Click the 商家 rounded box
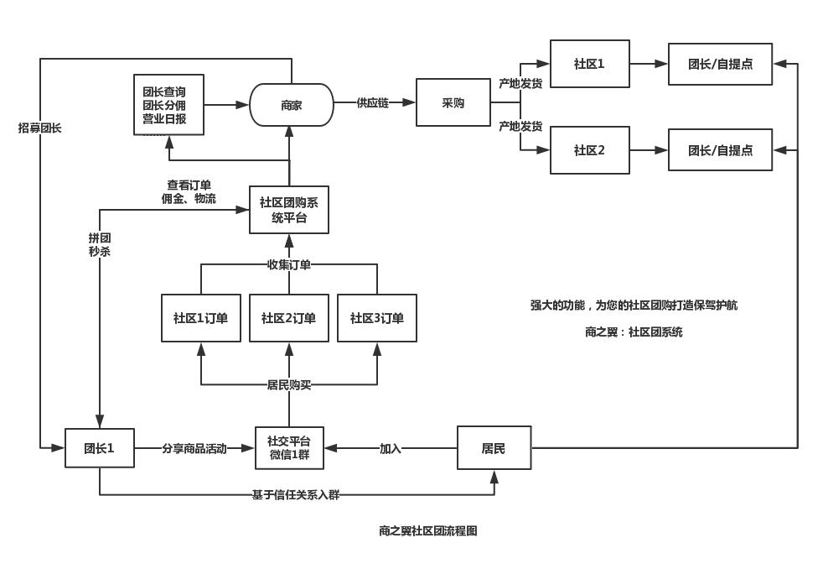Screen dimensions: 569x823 pos(291,105)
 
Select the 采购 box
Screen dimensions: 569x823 pos(453,102)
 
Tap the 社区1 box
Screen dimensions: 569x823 pos(589,64)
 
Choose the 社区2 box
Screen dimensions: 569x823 pos(589,150)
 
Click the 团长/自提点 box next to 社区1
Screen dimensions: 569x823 pos(720,64)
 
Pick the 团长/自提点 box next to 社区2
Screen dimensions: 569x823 pos(720,150)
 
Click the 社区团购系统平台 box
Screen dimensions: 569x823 pos(288,210)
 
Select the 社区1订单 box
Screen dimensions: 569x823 pos(200,318)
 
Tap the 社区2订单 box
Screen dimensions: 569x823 pos(288,318)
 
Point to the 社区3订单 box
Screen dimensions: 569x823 pos(376,318)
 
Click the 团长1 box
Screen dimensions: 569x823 pos(99,448)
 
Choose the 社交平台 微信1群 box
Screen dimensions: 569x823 pos(288,448)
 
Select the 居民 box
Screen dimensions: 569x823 pos(494,448)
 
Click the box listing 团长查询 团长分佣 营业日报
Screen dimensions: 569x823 pos(168,105)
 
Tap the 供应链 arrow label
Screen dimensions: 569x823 pos(373,102)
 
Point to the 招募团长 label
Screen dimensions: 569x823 pos(39,128)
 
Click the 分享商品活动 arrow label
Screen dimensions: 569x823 pos(194,449)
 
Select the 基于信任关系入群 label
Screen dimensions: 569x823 pos(296,495)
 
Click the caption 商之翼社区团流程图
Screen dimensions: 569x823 pos(427,531)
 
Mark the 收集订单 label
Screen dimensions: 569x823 pos(288,265)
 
